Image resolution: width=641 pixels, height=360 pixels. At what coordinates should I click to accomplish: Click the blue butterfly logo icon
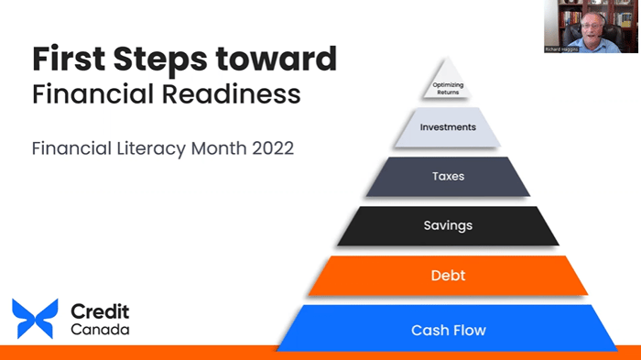35,319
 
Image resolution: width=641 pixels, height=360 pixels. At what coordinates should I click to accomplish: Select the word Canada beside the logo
102,329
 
